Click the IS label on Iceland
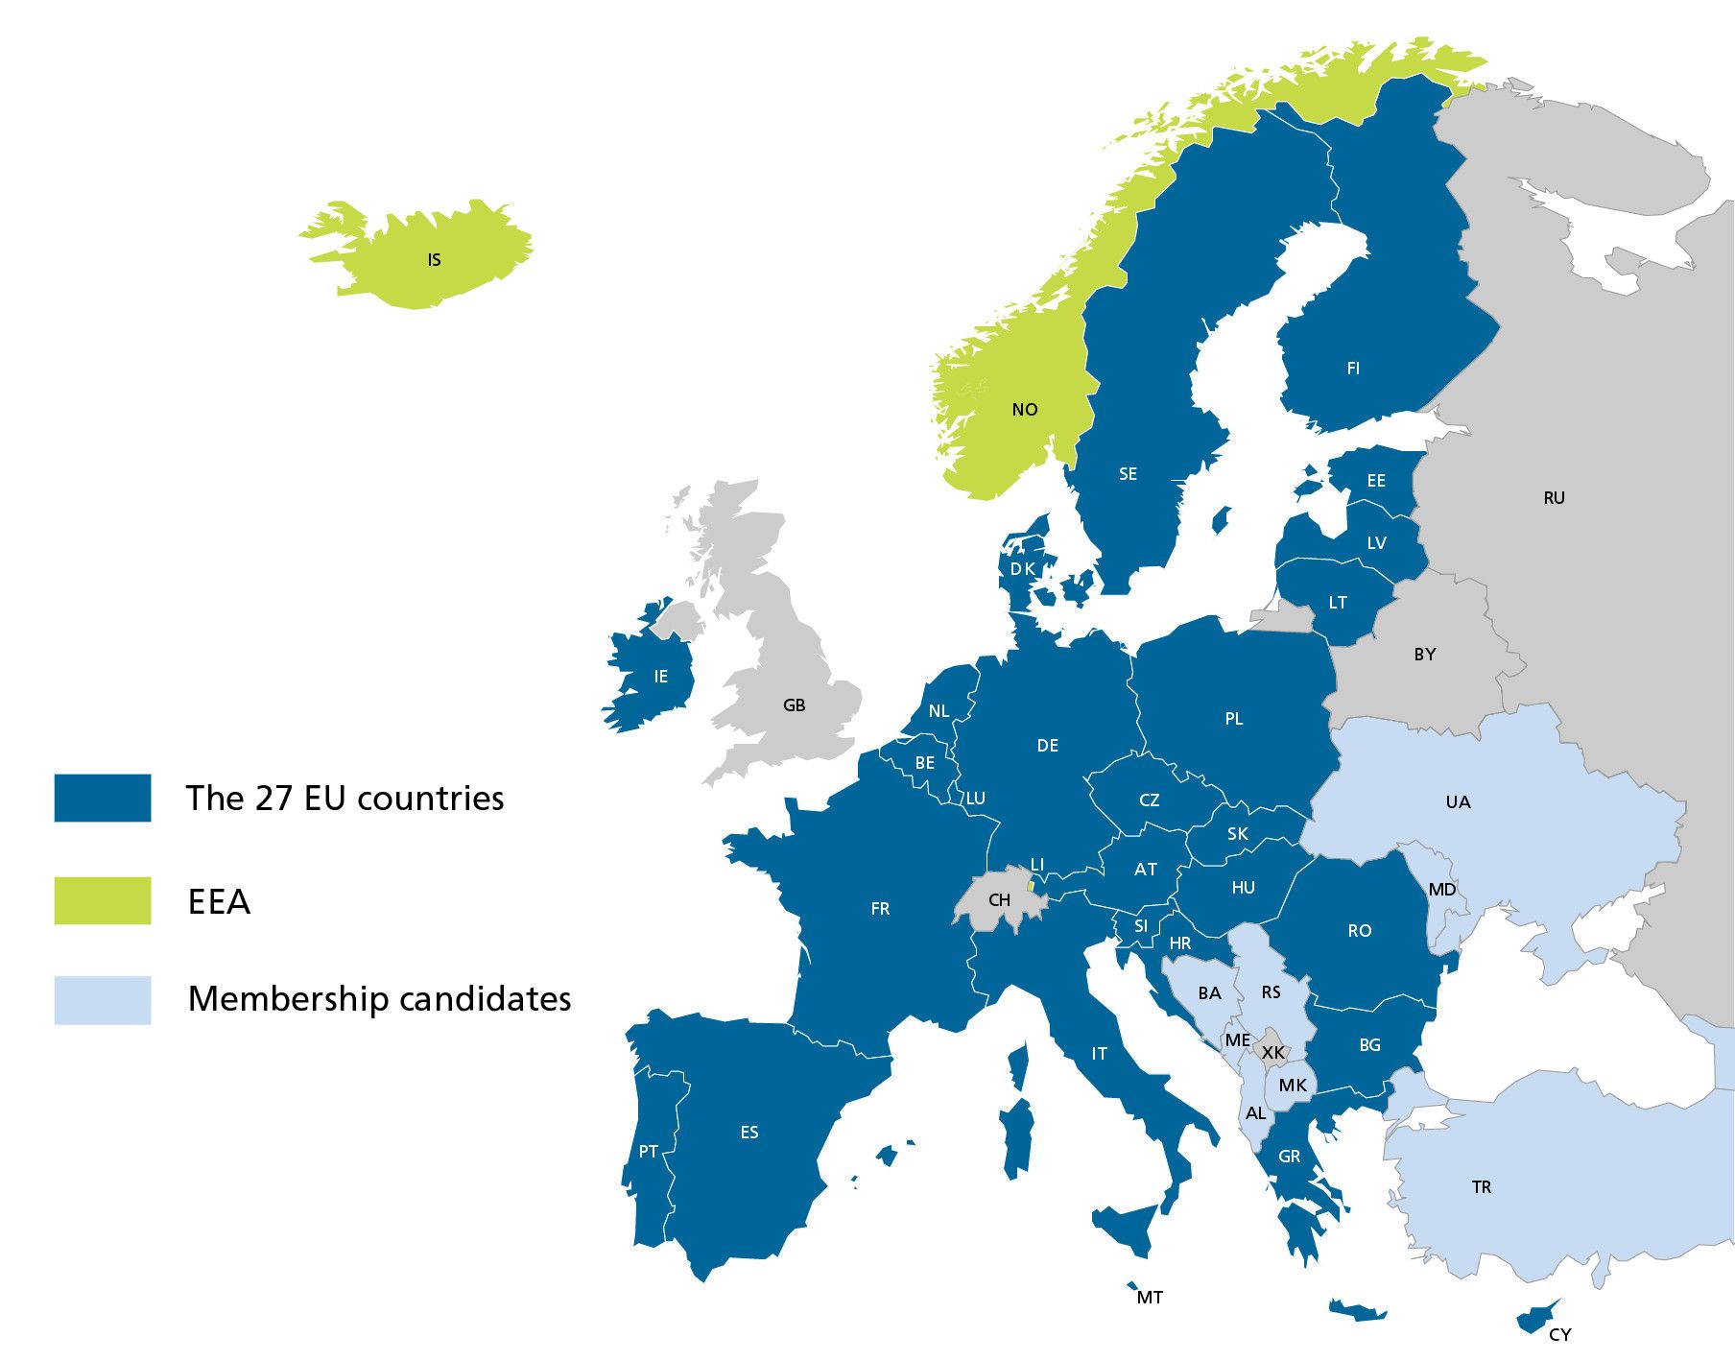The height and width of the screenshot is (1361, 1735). click(x=434, y=260)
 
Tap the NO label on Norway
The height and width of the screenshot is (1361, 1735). click(x=1024, y=410)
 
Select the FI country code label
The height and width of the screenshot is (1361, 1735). click(x=1353, y=369)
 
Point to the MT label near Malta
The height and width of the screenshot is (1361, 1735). click(x=1149, y=1298)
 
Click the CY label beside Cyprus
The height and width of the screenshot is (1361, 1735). click(x=1559, y=1334)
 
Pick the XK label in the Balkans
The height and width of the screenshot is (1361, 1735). click(x=1272, y=1053)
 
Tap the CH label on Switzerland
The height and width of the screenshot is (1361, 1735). click(x=999, y=900)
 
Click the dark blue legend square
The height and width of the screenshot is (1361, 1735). click(x=103, y=799)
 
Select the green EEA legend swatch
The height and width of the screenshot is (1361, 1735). click(x=103, y=901)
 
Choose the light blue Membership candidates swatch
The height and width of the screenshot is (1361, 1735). click(x=103, y=1000)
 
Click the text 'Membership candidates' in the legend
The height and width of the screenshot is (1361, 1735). click(x=379, y=999)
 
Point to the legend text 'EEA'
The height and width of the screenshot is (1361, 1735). click(x=219, y=902)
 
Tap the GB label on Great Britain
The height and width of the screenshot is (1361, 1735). click(x=794, y=705)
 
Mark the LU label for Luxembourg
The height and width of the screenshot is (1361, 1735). click(x=975, y=799)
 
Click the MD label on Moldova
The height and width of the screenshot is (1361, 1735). click(x=1441, y=890)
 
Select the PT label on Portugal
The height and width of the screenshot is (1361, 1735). click(x=648, y=1152)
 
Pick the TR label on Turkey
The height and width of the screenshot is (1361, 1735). click(x=1481, y=1187)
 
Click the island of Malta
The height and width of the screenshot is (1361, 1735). click(x=1132, y=1286)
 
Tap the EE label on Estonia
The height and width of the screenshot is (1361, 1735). click(x=1376, y=481)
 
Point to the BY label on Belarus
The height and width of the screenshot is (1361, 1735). click(x=1424, y=655)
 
